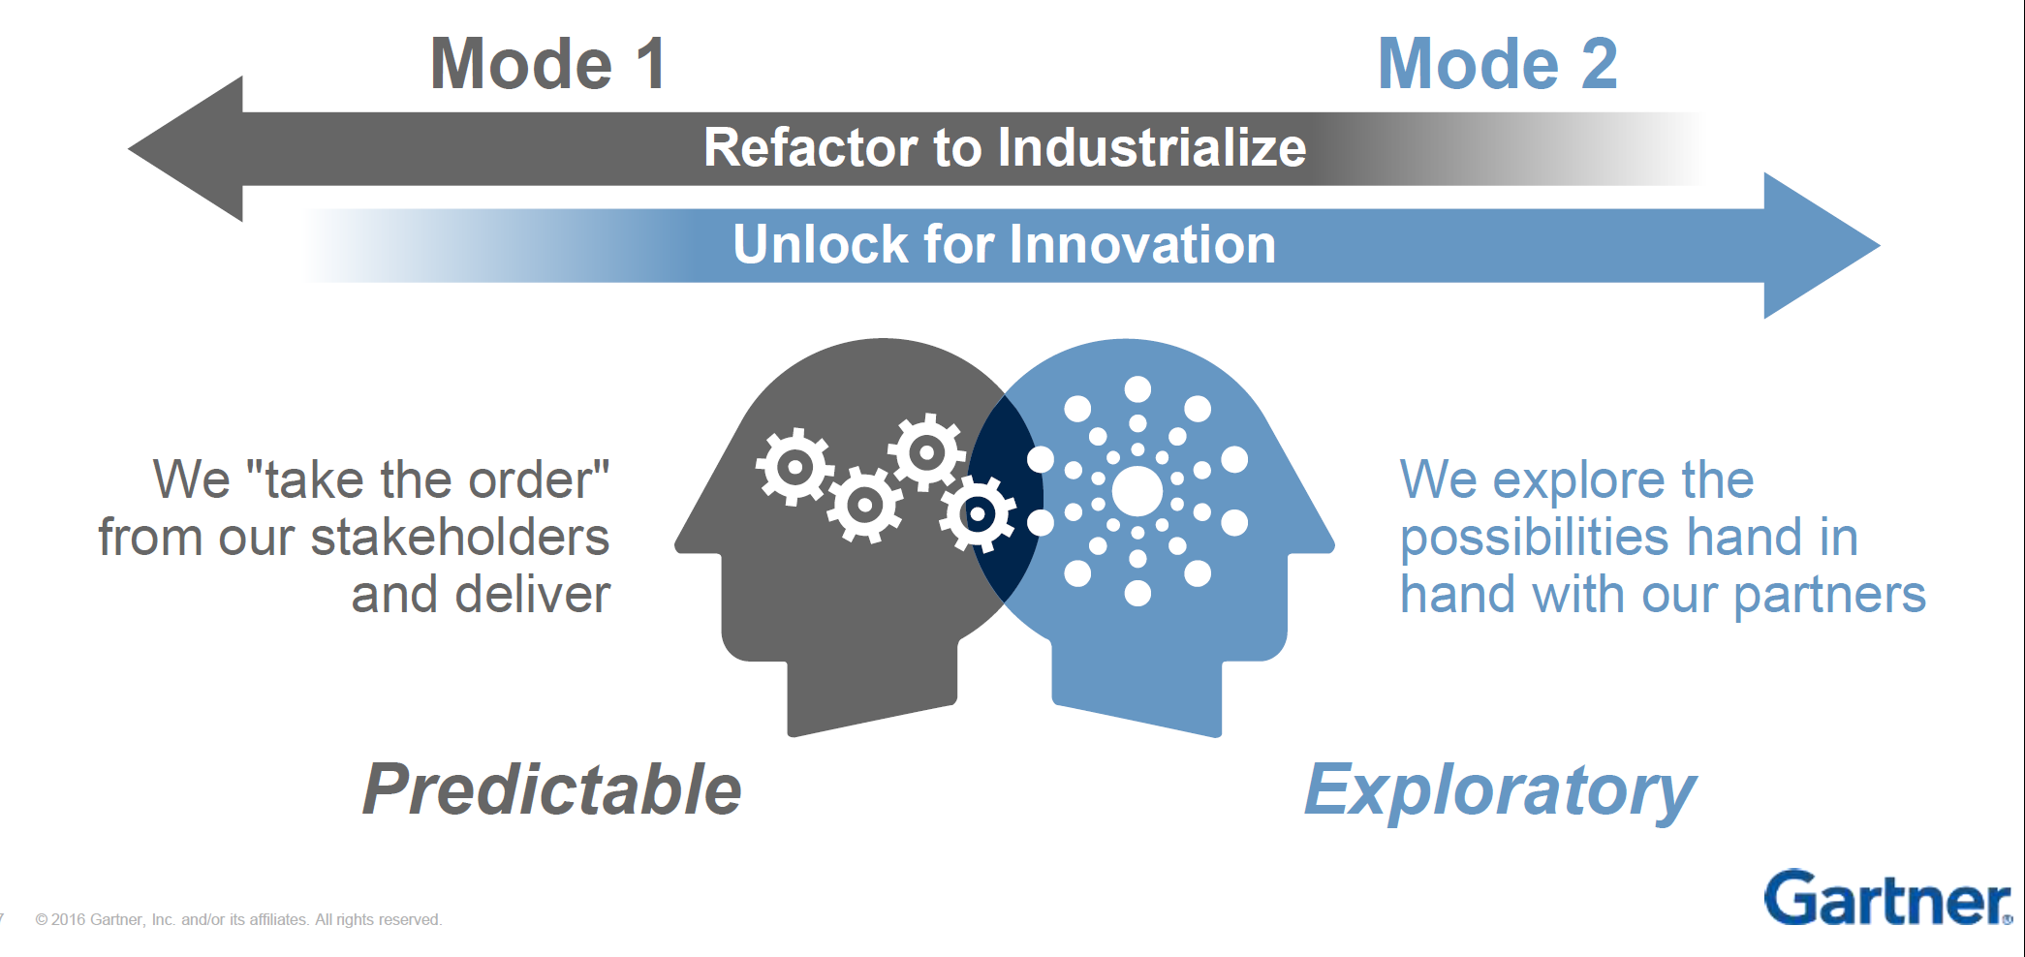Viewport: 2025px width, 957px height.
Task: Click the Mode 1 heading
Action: [548, 64]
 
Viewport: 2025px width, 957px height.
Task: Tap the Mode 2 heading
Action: [1497, 64]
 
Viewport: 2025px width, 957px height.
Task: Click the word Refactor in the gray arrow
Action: [810, 148]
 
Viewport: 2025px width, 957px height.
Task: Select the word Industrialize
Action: [1152, 148]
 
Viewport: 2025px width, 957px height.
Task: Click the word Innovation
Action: [1143, 244]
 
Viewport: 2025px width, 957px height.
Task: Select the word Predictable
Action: [551, 789]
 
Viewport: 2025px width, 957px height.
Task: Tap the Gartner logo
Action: [1885, 898]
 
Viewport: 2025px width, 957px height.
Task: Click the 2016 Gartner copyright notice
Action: [238, 919]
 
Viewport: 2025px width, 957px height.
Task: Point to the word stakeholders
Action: [459, 538]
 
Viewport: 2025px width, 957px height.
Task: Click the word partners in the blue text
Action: [1829, 594]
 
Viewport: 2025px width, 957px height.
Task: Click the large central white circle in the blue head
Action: [1137, 491]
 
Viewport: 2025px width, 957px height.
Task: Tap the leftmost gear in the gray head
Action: [794, 467]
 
